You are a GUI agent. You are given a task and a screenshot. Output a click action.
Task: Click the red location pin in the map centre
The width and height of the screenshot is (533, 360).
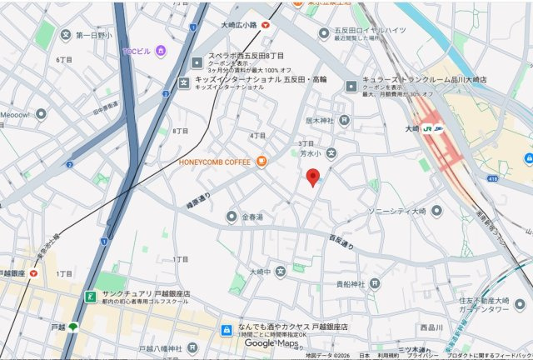313,177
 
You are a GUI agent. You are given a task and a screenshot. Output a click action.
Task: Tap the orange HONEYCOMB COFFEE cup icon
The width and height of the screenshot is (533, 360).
261,161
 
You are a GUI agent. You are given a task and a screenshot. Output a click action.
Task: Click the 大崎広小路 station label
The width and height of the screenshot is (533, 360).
239,26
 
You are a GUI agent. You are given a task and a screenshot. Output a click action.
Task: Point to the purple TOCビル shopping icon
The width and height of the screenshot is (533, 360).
161,52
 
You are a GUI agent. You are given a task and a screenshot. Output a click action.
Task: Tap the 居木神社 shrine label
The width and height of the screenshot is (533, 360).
320,121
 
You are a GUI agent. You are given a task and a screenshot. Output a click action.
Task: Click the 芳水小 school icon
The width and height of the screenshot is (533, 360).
331,152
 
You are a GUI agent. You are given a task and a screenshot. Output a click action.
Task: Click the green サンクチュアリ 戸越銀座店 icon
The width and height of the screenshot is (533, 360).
89,296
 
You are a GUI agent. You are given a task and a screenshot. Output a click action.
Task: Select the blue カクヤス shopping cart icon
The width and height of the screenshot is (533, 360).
226,330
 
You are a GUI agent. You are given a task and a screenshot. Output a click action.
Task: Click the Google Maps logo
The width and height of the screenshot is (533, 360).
271,343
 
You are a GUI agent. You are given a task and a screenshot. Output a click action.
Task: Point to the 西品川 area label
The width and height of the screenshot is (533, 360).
431,326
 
